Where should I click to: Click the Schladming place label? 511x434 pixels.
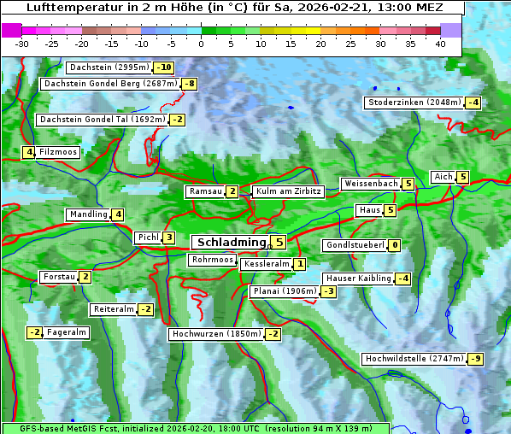(227, 243)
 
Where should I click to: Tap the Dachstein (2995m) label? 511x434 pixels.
(108, 67)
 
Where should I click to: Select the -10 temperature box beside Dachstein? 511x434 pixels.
(163, 67)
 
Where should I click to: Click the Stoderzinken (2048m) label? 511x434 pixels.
(414, 103)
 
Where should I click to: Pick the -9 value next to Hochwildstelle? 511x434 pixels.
(474, 359)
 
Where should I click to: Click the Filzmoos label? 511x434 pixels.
(57, 152)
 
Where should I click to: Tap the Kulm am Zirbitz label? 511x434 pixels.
(288, 191)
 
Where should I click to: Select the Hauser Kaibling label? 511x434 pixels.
(357, 279)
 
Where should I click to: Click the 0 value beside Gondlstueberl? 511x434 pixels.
(394, 245)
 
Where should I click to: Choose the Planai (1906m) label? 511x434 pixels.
(285, 291)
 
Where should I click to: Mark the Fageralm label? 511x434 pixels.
(66, 332)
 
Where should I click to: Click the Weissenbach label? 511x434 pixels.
(370, 184)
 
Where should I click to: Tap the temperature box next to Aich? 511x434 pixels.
(462, 177)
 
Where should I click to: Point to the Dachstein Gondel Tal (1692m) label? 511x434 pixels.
(102, 120)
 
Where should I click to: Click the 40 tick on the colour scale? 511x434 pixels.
(440, 44)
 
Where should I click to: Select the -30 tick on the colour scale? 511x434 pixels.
(22, 44)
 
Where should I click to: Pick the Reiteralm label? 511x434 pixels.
(113, 309)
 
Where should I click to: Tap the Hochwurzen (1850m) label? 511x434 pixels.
(214, 334)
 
